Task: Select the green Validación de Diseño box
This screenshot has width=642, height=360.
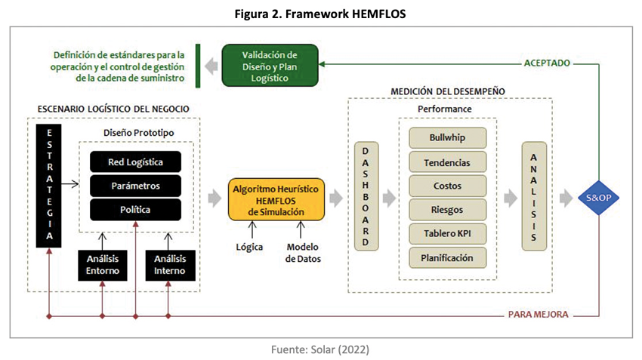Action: [x=270, y=66]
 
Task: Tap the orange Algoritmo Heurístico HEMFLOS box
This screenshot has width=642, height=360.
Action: [x=276, y=199]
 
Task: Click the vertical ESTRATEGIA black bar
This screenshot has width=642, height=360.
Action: [x=48, y=184]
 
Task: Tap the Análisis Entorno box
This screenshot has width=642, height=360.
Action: [x=102, y=265]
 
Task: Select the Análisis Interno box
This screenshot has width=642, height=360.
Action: [x=169, y=265]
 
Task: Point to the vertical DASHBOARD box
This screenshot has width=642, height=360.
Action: [x=366, y=198]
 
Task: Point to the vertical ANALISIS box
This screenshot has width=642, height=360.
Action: [x=533, y=198]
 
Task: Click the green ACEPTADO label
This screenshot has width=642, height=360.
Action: [x=547, y=63]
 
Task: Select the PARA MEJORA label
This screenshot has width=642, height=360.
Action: [x=538, y=314]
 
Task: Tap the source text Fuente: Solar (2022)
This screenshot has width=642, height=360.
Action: [x=321, y=349]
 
